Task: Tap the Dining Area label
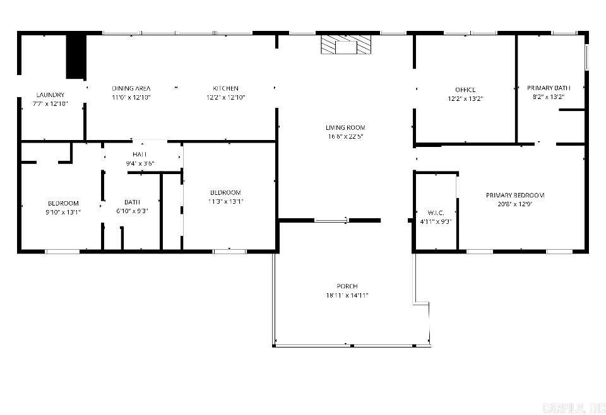pyautogui.click(x=131, y=88)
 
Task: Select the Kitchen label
pyautogui.click(x=225, y=88)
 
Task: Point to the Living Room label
pyautogui.click(x=345, y=127)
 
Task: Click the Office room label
pyautogui.click(x=465, y=90)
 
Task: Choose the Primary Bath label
pyautogui.click(x=549, y=88)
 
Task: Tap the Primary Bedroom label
pyautogui.click(x=515, y=195)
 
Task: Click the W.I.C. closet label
pyautogui.click(x=436, y=213)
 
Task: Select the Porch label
pyautogui.click(x=347, y=286)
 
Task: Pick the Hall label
pyautogui.click(x=140, y=155)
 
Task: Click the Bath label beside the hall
pyautogui.click(x=132, y=202)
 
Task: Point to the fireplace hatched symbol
pyautogui.click(x=345, y=45)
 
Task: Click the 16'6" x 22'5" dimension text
pyautogui.click(x=345, y=136)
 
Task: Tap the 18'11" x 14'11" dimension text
pyautogui.click(x=347, y=295)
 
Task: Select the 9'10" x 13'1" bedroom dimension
pyautogui.click(x=63, y=212)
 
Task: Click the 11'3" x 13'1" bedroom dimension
pyautogui.click(x=225, y=202)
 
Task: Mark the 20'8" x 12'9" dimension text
pyautogui.click(x=515, y=204)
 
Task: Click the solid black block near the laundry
pyautogui.click(x=76, y=56)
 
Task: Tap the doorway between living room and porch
pyautogui.click(x=331, y=220)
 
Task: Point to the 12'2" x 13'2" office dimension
pyautogui.click(x=465, y=98)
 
